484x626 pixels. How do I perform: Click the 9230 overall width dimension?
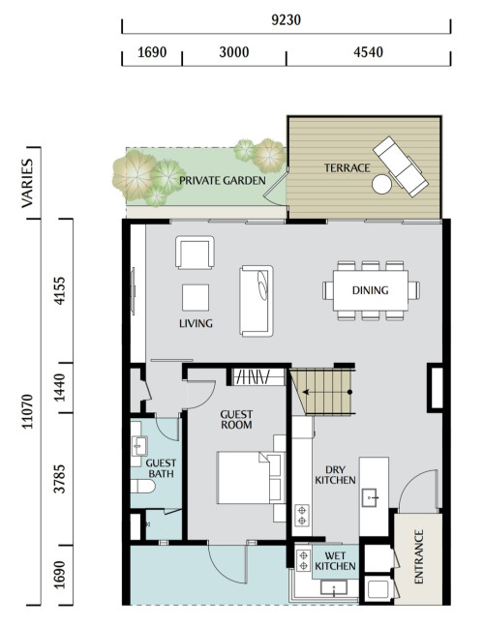286,20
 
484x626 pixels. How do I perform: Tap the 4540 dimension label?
368,52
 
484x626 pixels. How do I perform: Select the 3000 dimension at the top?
234,52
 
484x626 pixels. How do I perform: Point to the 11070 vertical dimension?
27,411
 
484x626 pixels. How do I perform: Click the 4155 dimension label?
59,290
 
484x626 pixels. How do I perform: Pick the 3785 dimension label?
59,479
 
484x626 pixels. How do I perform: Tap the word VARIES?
27,183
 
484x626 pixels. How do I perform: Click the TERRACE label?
347,168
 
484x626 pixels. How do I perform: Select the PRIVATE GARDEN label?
223,181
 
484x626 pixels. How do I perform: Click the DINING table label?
370,290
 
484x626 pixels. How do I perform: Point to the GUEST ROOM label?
236,420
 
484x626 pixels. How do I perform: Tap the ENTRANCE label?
418,556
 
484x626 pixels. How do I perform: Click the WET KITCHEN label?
335,561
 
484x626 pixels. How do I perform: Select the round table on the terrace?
381,185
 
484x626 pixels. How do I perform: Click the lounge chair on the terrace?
401,166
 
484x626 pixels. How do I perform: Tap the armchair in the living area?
195,253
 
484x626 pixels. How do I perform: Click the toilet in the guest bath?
142,487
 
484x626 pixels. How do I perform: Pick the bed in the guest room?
251,478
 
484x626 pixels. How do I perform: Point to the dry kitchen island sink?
370,498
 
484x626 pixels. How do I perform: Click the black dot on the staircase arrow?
349,392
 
